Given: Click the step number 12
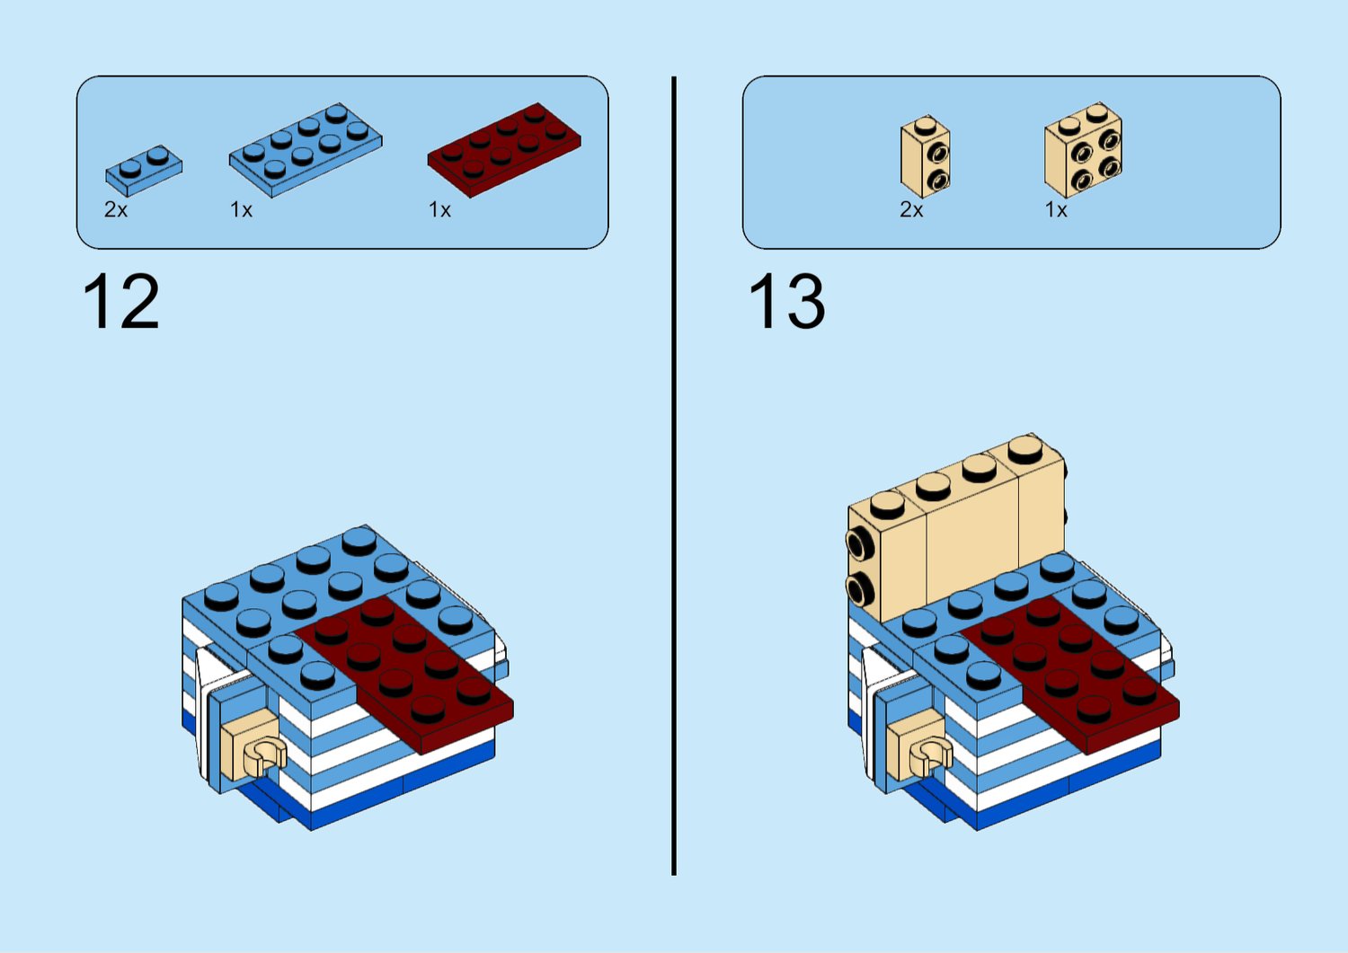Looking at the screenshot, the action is click(121, 302).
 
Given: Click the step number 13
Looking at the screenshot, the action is click(786, 302).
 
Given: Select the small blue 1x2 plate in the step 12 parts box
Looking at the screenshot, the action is click(144, 171).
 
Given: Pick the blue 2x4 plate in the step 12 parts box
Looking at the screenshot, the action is click(306, 150).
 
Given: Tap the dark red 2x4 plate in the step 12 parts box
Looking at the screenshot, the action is click(504, 150).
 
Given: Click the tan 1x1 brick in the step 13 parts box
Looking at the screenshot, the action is click(926, 156).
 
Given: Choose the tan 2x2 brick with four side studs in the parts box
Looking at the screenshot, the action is click(1083, 150).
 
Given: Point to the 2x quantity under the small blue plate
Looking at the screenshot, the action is click(116, 209).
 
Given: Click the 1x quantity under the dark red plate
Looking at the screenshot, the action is click(439, 209).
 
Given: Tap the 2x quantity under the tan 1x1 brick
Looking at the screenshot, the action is click(911, 209).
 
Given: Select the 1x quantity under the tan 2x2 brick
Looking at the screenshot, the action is click(1056, 209).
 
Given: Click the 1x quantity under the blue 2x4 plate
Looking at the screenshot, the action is click(242, 209).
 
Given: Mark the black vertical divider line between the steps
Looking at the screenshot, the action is click(674, 475).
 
